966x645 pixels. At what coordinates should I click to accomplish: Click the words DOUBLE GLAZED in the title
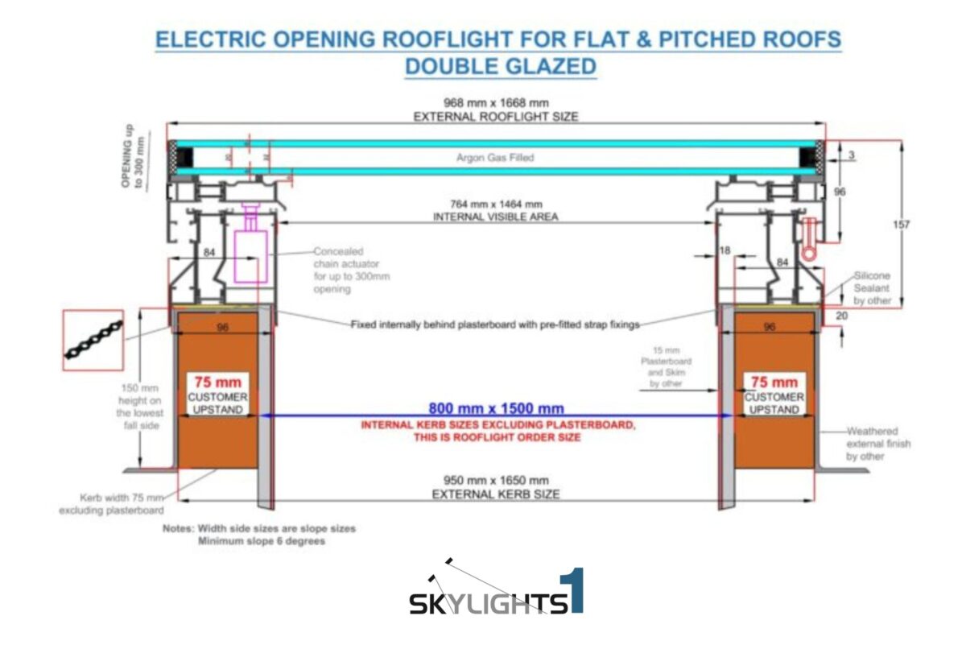point(500,65)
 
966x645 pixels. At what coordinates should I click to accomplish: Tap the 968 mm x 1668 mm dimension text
point(496,103)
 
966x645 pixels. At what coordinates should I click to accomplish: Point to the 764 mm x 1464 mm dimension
point(495,205)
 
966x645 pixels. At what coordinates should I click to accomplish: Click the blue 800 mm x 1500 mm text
point(496,408)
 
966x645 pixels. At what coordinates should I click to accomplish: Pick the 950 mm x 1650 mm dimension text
point(496,481)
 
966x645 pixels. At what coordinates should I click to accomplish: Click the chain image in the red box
point(93,340)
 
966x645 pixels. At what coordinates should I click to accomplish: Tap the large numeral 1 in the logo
point(574,592)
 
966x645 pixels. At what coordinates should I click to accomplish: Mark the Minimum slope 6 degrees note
point(262,541)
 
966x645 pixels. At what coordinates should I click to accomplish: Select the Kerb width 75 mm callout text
point(111,503)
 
